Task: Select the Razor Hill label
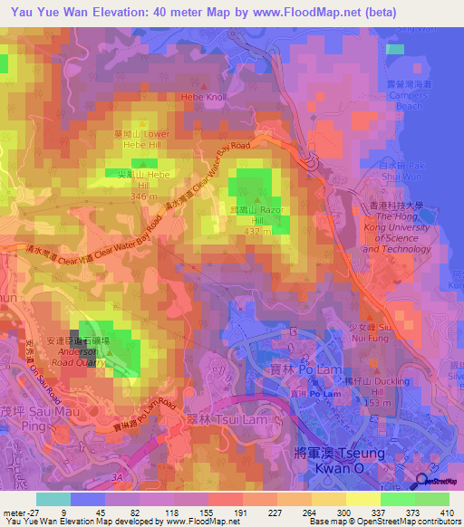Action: click(259, 214)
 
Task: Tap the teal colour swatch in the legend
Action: click(53, 498)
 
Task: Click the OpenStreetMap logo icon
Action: click(422, 481)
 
